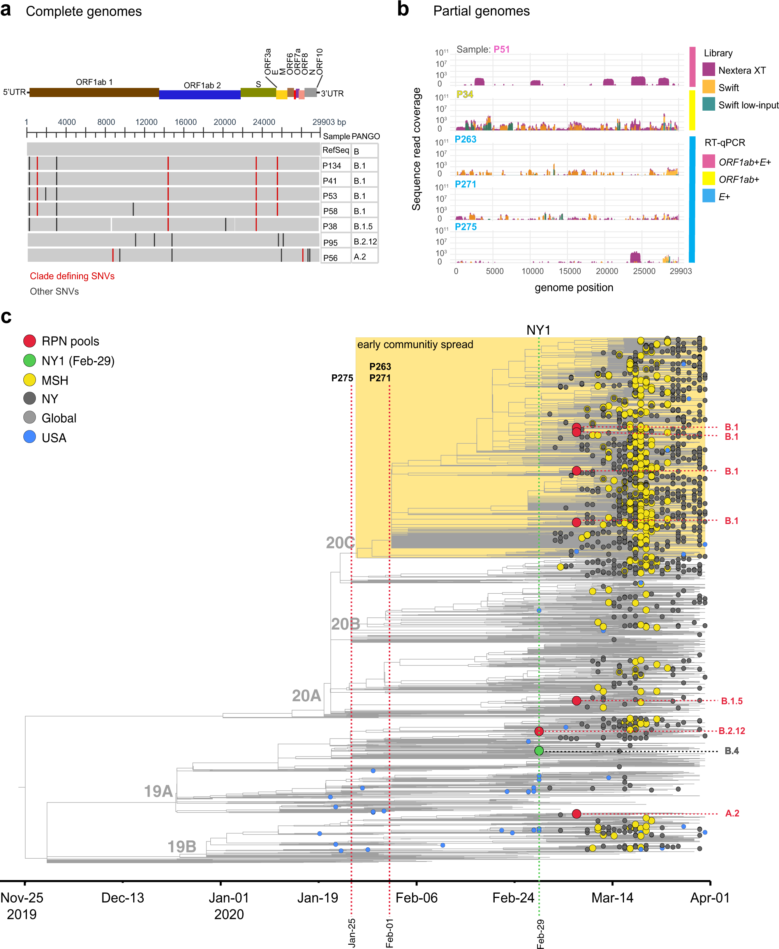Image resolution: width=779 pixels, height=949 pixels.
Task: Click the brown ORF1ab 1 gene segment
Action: click(x=94, y=93)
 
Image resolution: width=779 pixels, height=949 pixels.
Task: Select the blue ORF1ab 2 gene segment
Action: click(x=200, y=94)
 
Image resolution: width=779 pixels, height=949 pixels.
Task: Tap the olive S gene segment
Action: click(x=258, y=92)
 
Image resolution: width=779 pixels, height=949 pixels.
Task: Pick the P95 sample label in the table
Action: click(x=330, y=242)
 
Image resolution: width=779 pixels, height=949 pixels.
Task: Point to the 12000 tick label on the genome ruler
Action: click(x=146, y=122)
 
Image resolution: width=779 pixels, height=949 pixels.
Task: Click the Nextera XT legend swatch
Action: click(x=709, y=70)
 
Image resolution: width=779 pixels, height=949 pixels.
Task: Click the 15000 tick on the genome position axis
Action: click(x=569, y=271)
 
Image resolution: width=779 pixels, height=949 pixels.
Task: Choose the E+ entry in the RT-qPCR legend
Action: click(x=724, y=196)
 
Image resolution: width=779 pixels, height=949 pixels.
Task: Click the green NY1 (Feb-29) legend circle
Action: click(x=30, y=360)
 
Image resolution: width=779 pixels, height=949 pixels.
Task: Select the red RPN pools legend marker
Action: click(x=30, y=340)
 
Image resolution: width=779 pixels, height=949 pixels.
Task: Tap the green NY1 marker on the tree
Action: click(x=539, y=751)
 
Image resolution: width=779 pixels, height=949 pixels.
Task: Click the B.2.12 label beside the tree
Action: click(x=731, y=731)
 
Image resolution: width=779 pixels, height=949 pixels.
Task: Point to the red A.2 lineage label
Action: click(x=732, y=813)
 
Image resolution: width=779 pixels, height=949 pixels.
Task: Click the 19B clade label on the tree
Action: click(x=182, y=847)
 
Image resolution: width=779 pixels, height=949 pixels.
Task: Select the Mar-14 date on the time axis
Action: click(x=612, y=898)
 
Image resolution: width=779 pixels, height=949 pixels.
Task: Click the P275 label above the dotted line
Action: click(x=342, y=378)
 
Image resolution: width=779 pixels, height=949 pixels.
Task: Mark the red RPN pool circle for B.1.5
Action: click(x=576, y=701)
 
